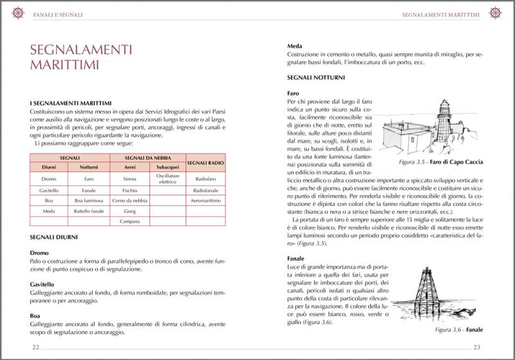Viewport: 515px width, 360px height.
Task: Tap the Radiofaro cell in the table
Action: click(x=205, y=178)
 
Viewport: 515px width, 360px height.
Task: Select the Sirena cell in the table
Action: click(x=129, y=178)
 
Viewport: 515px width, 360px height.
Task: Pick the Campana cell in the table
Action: click(x=129, y=221)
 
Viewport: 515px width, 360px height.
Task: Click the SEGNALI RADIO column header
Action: click(x=205, y=162)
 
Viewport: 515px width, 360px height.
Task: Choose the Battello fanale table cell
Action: click(x=89, y=211)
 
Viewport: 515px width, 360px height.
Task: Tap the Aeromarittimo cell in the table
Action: click(x=205, y=200)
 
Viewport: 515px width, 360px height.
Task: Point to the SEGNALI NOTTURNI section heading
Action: click(x=316, y=78)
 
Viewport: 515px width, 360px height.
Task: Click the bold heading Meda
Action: click(x=295, y=46)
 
